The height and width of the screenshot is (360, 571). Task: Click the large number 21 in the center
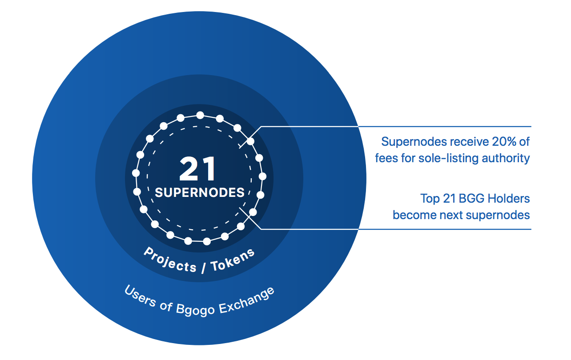[198, 169]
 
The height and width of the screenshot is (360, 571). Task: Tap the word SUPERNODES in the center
[200, 192]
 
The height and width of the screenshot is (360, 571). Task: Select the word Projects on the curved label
[169, 260]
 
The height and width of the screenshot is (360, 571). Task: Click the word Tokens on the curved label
[233, 260]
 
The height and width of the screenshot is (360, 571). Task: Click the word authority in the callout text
[508, 158]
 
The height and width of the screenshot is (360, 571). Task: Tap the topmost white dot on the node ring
[200, 115]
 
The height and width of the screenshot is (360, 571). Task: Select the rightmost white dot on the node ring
[262, 176]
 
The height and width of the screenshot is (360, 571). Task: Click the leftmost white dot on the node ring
[136, 173]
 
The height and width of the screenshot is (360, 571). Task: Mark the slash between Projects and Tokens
[203, 268]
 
